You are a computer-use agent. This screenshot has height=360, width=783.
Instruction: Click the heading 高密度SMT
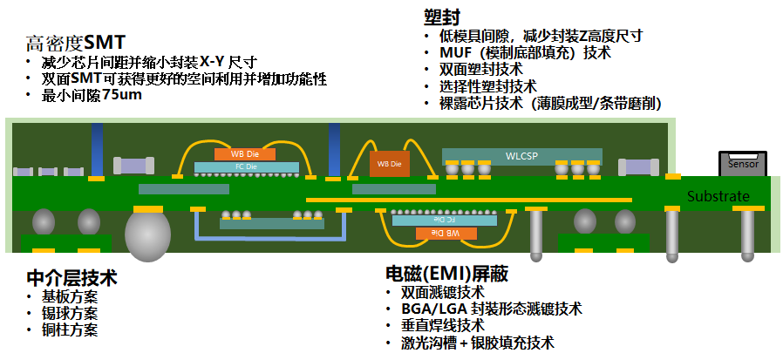[76, 42]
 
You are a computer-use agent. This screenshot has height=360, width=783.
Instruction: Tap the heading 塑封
[442, 17]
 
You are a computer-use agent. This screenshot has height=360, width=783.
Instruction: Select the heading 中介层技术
[71, 278]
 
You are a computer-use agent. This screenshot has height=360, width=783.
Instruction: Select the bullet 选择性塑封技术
[487, 86]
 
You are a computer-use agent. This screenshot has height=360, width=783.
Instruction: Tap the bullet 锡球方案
[69, 314]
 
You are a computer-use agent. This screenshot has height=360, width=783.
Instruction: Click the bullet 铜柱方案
[69, 330]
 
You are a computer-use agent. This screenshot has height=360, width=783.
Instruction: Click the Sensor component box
[743, 163]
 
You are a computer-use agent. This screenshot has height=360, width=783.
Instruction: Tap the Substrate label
[718, 196]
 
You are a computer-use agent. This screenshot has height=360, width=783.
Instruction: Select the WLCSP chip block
[521, 156]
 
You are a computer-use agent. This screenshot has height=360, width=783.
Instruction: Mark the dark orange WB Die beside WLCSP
[389, 163]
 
